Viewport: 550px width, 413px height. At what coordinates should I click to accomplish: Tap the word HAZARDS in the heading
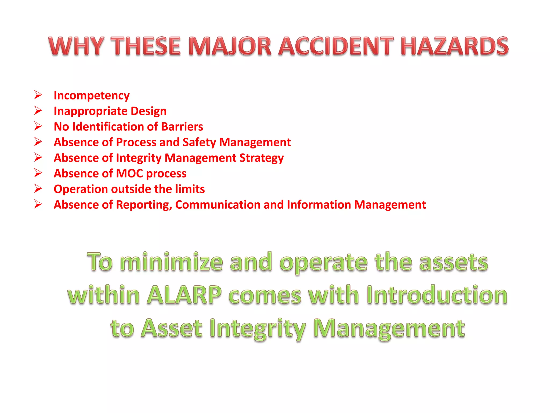click(x=454, y=46)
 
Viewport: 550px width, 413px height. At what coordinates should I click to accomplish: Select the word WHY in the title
click(x=76, y=46)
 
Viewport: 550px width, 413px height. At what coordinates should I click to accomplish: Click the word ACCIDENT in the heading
click(x=336, y=46)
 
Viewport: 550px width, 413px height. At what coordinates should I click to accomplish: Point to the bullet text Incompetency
click(x=92, y=96)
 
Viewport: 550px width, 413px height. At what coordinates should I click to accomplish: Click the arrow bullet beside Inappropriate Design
click(x=38, y=111)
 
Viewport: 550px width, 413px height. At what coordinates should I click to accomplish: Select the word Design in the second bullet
click(x=149, y=111)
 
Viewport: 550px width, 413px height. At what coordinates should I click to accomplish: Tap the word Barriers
click(x=182, y=127)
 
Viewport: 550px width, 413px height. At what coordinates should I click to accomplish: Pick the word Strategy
click(x=261, y=158)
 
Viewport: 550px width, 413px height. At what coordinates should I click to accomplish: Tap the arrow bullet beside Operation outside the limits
click(x=38, y=188)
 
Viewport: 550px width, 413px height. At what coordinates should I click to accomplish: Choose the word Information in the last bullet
click(x=319, y=205)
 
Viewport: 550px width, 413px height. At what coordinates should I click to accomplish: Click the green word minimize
click(x=171, y=262)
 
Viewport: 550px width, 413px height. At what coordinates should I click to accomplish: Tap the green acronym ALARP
click(x=184, y=295)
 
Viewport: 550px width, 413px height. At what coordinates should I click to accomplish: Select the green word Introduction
click(x=437, y=295)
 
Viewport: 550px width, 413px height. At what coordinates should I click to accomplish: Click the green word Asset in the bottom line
click(x=172, y=328)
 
